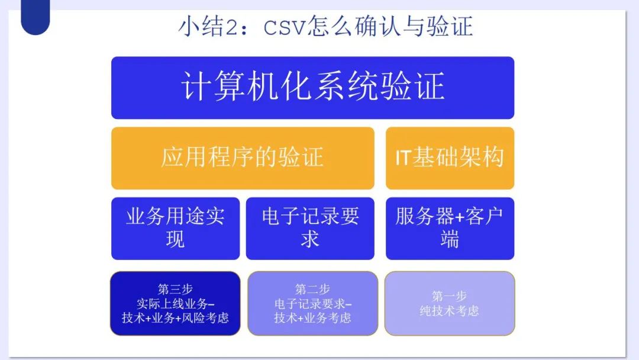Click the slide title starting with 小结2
[x=325, y=27]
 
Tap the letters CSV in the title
[x=284, y=28]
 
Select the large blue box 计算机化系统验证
[x=312, y=88]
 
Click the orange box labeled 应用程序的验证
[x=243, y=158]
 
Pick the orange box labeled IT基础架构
[x=450, y=158]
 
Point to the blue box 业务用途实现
[x=175, y=229]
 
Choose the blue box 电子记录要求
[x=310, y=229]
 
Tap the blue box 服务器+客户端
[x=450, y=229]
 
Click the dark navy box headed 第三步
[x=175, y=303]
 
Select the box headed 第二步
[x=312, y=303]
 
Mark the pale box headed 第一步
[x=450, y=303]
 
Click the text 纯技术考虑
[x=449, y=311]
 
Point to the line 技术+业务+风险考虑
[x=175, y=317]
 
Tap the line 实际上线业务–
[x=175, y=304]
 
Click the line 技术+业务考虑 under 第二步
[x=312, y=317]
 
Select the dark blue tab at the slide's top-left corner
[x=35, y=17]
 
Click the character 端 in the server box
[x=450, y=239]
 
